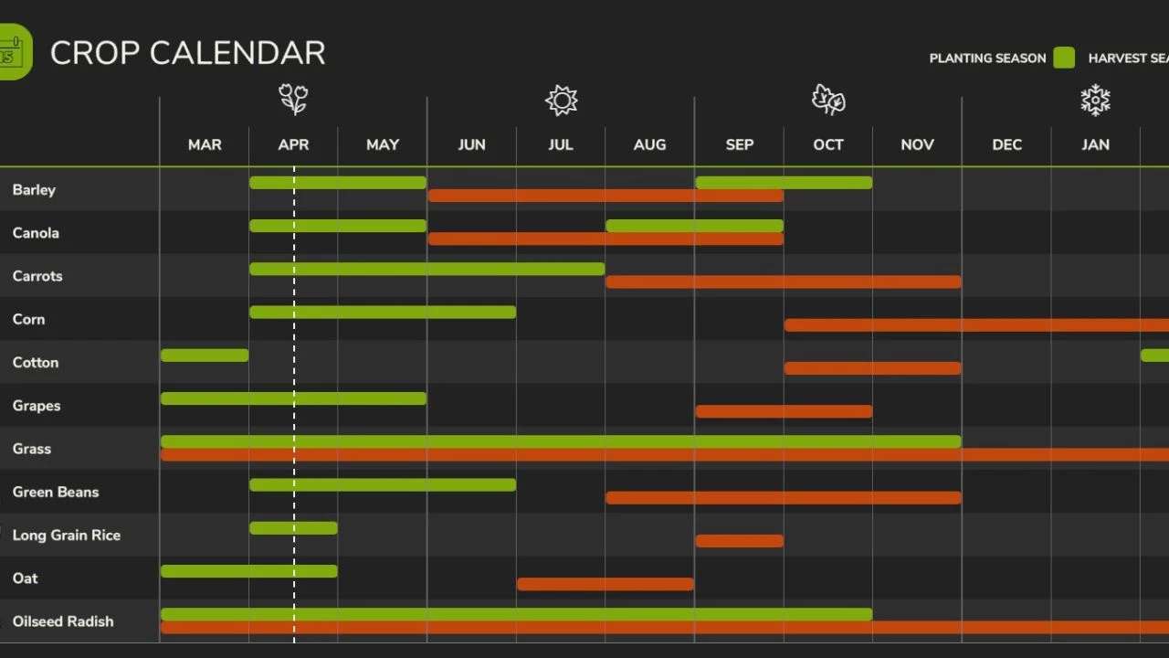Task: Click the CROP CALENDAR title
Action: [x=187, y=53]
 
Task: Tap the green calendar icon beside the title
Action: [x=14, y=52]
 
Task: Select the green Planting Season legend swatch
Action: [x=1064, y=58]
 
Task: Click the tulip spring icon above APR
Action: [x=293, y=100]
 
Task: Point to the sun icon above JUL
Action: [x=561, y=101]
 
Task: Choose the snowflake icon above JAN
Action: [x=1095, y=101]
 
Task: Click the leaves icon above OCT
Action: [x=828, y=101]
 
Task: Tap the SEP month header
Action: [x=739, y=144]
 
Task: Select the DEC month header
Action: [x=1006, y=144]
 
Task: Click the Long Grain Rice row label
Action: [x=66, y=535]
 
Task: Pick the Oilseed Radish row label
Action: [x=63, y=621]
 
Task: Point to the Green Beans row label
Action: [x=56, y=492]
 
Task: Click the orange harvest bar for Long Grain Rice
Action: [x=739, y=541]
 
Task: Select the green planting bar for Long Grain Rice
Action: [x=293, y=528]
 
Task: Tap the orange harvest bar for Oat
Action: [x=605, y=584]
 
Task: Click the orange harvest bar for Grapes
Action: [x=784, y=411]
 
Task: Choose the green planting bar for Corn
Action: [x=382, y=313]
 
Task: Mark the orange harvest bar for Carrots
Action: [x=784, y=282]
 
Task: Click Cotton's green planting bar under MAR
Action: [x=205, y=356]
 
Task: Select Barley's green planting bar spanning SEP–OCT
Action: [x=784, y=183]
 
